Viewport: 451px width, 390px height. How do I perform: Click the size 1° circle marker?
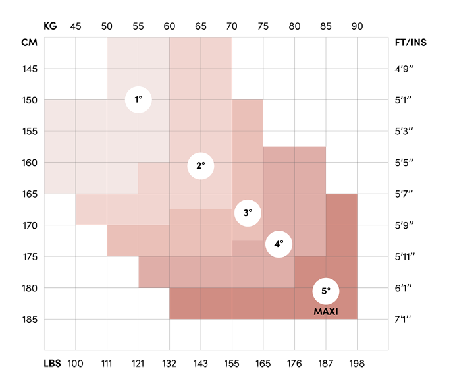click(138, 99)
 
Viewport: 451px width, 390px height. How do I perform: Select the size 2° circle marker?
click(201, 166)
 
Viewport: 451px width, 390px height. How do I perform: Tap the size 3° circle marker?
click(248, 213)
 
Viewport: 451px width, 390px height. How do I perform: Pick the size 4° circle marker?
click(279, 244)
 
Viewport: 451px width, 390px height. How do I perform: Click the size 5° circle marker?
click(326, 291)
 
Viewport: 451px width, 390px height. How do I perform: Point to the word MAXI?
click(326, 311)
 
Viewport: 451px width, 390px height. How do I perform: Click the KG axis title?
click(50, 26)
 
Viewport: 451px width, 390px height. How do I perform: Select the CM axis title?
click(29, 43)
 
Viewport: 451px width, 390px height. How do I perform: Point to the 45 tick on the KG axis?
click(76, 26)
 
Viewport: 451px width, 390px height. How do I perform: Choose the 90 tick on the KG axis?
click(357, 26)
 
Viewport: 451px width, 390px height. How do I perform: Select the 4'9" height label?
click(404, 69)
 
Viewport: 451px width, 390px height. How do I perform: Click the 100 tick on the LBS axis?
click(76, 364)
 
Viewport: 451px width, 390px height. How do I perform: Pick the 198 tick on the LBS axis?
click(357, 364)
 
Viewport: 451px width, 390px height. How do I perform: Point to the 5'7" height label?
click(404, 194)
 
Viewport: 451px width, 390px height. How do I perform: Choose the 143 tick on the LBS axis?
click(201, 364)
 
